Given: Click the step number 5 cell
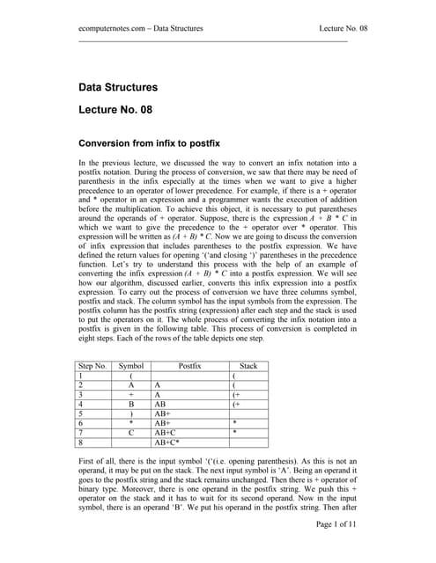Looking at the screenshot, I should (81, 410).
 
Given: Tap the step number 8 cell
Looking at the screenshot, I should (81, 443).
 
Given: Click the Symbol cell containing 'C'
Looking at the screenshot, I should (131, 433).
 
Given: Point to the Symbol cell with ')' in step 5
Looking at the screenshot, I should (131, 410).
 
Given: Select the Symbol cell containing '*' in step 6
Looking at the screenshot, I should (131, 421).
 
